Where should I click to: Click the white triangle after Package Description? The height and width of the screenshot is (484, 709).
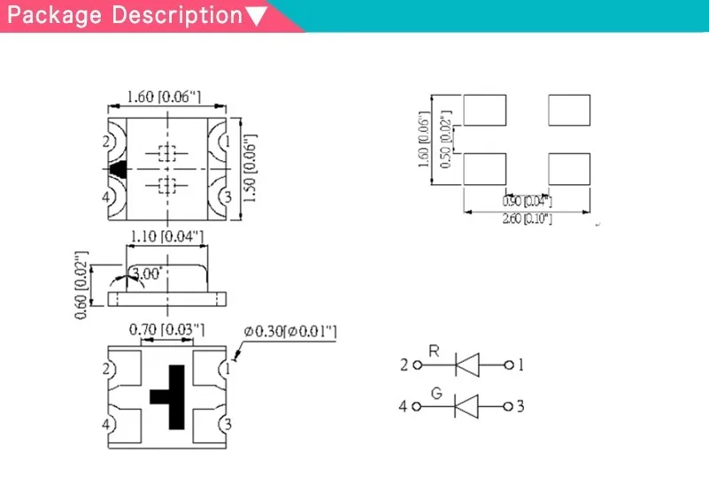point(256,16)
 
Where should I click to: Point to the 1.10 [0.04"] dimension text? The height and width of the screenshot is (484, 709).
point(167,237)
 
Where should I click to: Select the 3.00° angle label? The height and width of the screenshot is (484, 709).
point(146,274)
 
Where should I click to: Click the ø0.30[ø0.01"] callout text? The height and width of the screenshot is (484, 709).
point(290,331)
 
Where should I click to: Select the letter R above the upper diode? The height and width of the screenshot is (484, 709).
point(434,350)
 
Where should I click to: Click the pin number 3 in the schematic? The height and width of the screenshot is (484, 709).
point(520,407)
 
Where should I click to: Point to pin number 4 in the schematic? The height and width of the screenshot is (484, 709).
point(403,407)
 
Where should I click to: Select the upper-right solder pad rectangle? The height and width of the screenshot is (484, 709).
point(569,111)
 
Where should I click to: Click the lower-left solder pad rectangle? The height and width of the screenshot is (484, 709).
point(484,168)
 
